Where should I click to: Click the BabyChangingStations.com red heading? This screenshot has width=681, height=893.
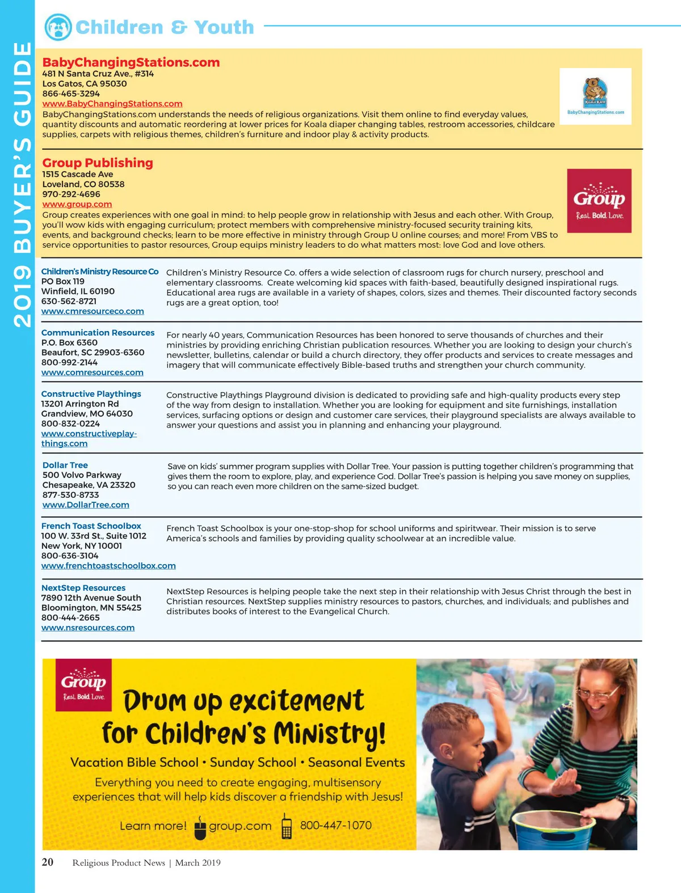(x=131, y=62)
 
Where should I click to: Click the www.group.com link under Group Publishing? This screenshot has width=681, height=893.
(x=77, y=204)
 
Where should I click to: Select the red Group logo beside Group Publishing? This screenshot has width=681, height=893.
(x=599, y=201)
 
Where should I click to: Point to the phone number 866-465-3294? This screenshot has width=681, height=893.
(x=71, y=94)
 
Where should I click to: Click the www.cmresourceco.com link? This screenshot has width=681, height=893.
(x=93, y=311)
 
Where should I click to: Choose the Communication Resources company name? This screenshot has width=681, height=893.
(x=98, y=333)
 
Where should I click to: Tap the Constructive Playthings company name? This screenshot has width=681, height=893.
(x=91, y=394)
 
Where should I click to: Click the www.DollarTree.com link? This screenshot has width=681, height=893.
(x=86, y=505)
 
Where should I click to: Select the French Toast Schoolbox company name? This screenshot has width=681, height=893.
(x=91, y=526)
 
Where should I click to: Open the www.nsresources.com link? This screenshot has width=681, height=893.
(x=88, y=628)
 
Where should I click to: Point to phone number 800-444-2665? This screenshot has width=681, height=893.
(x=70, y=617)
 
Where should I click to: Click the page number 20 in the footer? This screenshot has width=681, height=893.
(x=48, y=862)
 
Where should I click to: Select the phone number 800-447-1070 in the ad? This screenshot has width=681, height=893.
(x=335, y=825)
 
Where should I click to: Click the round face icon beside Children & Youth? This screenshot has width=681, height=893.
(x=58, y=27)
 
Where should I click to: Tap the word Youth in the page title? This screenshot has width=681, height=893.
(x=224, y=27)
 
